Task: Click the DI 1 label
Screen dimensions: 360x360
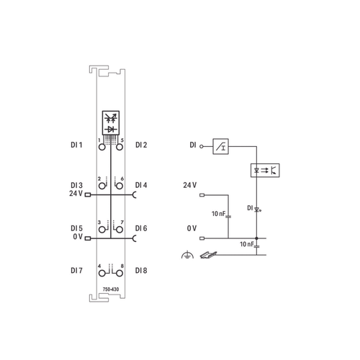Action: (76, 145)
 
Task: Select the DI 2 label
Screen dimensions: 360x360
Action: (141, 145)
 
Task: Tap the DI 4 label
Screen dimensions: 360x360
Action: (141, 185)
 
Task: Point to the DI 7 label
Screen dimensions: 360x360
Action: (76, 271)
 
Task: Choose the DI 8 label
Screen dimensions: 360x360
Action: (141, 271)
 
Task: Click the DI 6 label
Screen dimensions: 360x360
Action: (141, 228)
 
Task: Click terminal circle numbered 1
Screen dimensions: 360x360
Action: (102, 147)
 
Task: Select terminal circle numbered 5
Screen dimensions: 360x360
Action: (120, 147)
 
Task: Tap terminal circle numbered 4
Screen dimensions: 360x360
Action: (102, 273)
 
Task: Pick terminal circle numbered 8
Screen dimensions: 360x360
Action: (120, 273)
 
